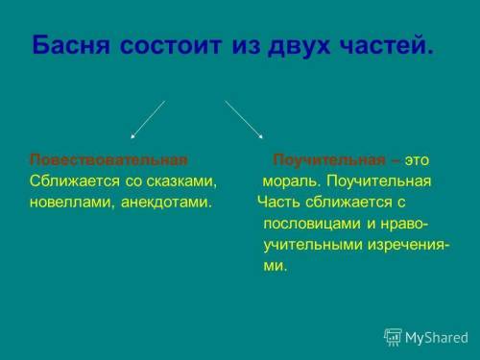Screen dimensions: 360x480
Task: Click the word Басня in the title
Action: [x=69, y=46]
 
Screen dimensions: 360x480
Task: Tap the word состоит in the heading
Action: [x=170, y=46]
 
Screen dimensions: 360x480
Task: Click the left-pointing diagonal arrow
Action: [x=147, y=120]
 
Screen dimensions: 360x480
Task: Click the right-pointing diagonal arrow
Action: [x=245, y=120]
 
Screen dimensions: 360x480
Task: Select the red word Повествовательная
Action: [x=108, y=159]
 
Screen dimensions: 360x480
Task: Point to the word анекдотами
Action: [x=167, y=203]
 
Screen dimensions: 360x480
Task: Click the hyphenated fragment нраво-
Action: [x=405, y=224]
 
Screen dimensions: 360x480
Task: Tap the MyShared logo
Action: [x=426, y=337]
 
